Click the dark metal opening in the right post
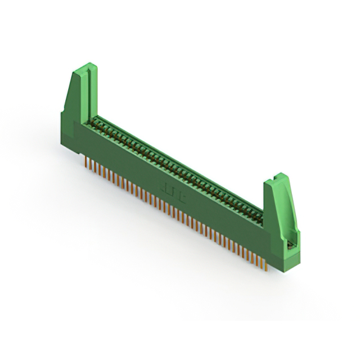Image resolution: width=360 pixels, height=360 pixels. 290,244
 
